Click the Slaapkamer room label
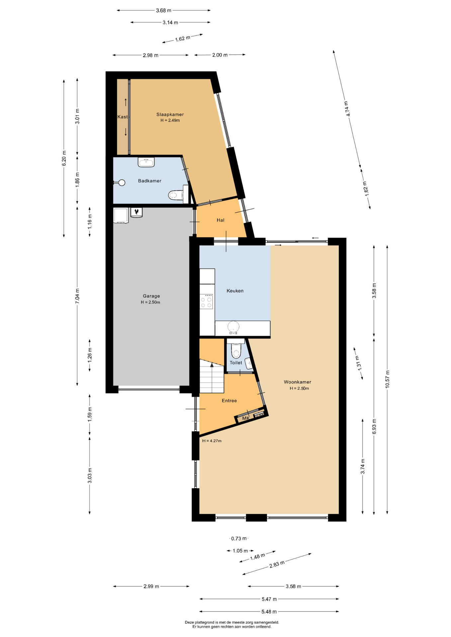pyautogui.click(x=170, y=114)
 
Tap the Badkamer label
pyautogui.click(x=150, y=181)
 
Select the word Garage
pyautogui.click(x=151, y=296)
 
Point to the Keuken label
pyautogui.click(x=235, y=291)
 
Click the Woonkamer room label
pyautogui.click(x=298, y=382)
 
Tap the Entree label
pyautogui.click(x=229, y=400)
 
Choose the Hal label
pyautogui.click(x=221, y=220)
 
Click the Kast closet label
pyautogui.click(x=123, y=117)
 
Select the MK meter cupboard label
pyautogui.click(x=246, y=418)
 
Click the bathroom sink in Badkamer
pyautogui.click(x=146, y=162)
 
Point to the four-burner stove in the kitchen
pyautogui.click(x=206, y=301)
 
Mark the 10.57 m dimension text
pyautogui.click(x=387, y=379)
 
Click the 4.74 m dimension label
pyautogui.click(x=347, y=108)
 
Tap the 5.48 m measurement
pyautogui.click(x=269, y=611)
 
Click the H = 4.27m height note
pyautogui.click(x=212, y=441)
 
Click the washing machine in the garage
pyautogui.click(x=121, y=216)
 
